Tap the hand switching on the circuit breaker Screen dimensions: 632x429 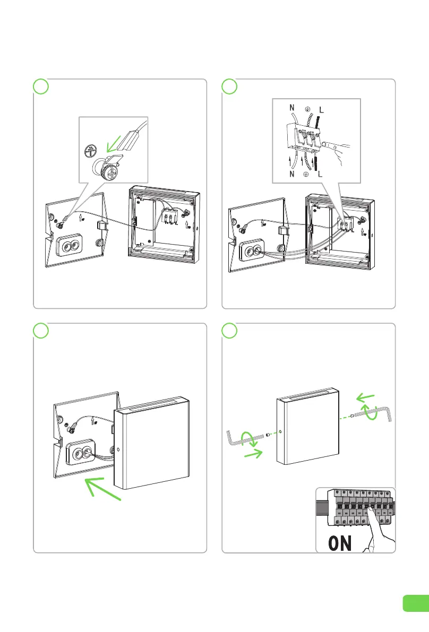[x=378, y=531]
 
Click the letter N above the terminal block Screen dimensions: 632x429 [x=291, y=108]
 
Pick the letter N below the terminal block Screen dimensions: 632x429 [x=291, y=172]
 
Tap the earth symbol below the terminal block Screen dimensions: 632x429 [x=306, y=174]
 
